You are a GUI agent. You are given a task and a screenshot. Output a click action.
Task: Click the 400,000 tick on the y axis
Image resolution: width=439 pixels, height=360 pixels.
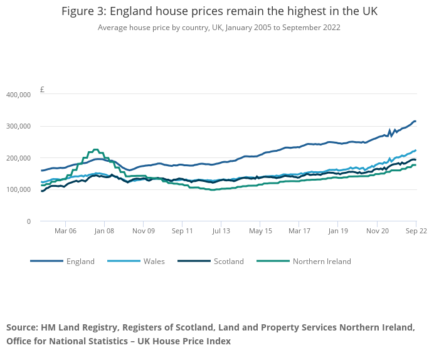click(x=18, y=95)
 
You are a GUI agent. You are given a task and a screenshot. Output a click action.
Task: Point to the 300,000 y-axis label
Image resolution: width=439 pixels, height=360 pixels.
click(x=18, y=126)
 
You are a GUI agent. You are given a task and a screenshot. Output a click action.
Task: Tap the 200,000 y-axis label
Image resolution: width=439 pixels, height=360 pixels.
click(x=18, y=158)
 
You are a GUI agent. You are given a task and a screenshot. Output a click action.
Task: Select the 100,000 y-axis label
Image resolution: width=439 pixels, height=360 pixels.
click(x=18, y=189)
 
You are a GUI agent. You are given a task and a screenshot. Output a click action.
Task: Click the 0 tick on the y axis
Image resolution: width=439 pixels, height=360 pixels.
click(x=29, y=221)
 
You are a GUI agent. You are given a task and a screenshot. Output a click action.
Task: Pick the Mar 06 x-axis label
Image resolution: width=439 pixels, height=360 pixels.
click(x=65, y=231)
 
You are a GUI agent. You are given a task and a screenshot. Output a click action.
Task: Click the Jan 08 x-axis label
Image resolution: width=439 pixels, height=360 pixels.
click(x=104, y=231)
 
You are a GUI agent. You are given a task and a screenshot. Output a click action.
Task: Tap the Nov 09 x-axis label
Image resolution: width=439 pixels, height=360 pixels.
click(x=143, y=231)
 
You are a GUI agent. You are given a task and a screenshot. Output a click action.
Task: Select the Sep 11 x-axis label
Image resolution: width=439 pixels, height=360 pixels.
click(x=182, y=231)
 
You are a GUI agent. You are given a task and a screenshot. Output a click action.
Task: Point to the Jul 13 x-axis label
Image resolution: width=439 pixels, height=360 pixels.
click(x=221, y=231)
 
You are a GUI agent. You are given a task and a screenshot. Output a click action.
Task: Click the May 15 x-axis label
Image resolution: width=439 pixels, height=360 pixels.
click(x=260, y=231)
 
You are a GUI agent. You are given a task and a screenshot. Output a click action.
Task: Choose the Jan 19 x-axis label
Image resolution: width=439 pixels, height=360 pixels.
click(x=338, y=231)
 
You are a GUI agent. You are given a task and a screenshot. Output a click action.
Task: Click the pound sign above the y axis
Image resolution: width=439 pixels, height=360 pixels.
click(x=42, y=90)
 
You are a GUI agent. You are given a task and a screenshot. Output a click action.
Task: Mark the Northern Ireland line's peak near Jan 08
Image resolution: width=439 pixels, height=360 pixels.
click(x=95, y=149)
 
